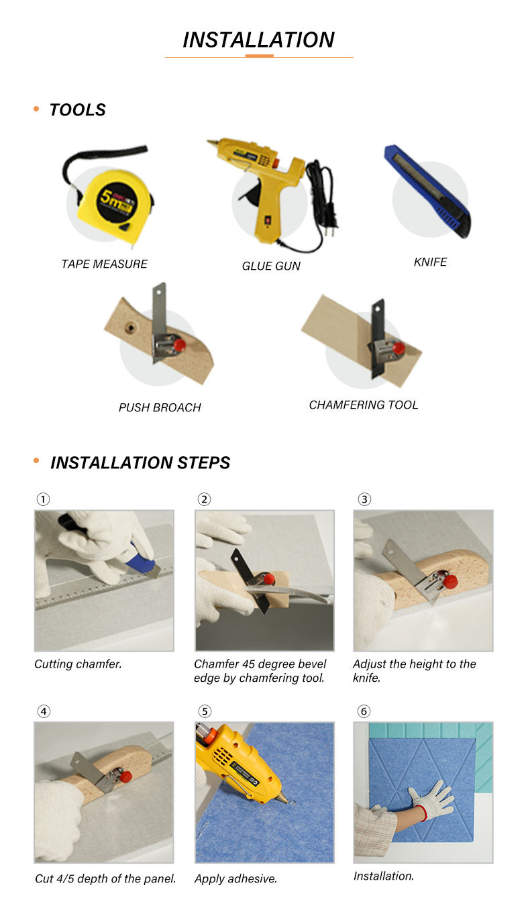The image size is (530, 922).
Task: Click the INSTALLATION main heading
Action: coord(258,40)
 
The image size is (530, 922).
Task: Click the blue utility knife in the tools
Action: coord(428,191)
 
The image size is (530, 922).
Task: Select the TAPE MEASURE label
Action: coord(104,264)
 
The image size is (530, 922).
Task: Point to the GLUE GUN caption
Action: coord(271,266)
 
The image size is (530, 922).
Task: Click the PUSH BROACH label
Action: coord(160,407)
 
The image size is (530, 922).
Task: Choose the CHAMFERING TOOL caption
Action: coord(364,405)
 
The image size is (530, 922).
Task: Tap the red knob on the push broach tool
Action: coord(179,344)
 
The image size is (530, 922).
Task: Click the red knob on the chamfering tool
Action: coord(399,348)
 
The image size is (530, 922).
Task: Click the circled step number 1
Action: coord(43,499)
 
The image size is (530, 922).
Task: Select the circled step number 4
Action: coord(43,711)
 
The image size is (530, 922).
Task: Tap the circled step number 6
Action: coord(364,711)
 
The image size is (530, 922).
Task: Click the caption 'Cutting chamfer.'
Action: coord(78,664)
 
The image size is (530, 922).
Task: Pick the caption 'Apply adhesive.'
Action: coord(235,879)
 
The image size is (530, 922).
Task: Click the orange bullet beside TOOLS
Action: coord(36,109)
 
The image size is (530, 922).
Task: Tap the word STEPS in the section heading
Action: coord(204,462)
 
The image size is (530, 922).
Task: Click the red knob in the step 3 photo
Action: coord(450,581)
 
